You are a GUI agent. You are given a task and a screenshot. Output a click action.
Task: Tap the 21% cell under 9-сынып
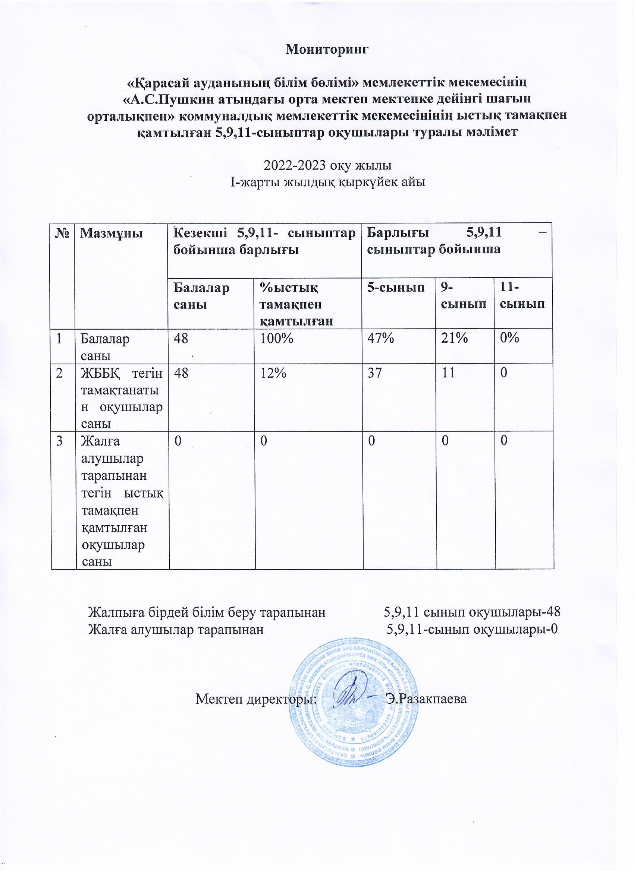pyautogui.click(x=455, y=339)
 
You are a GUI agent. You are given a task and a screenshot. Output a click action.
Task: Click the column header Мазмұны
pyautogui.click(x=111, y=234)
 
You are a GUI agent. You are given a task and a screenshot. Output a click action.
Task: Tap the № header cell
pyautogui.click(x=62, y=234)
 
